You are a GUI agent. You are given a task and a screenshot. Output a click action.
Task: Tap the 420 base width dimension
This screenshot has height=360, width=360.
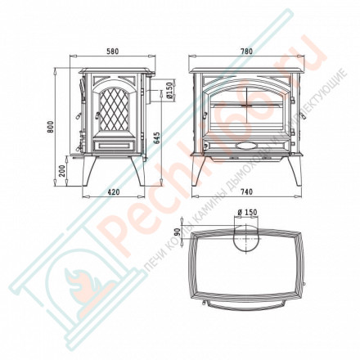tap(113, 193)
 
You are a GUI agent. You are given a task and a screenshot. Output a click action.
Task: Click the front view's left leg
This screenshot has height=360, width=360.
tap(201, 172)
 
